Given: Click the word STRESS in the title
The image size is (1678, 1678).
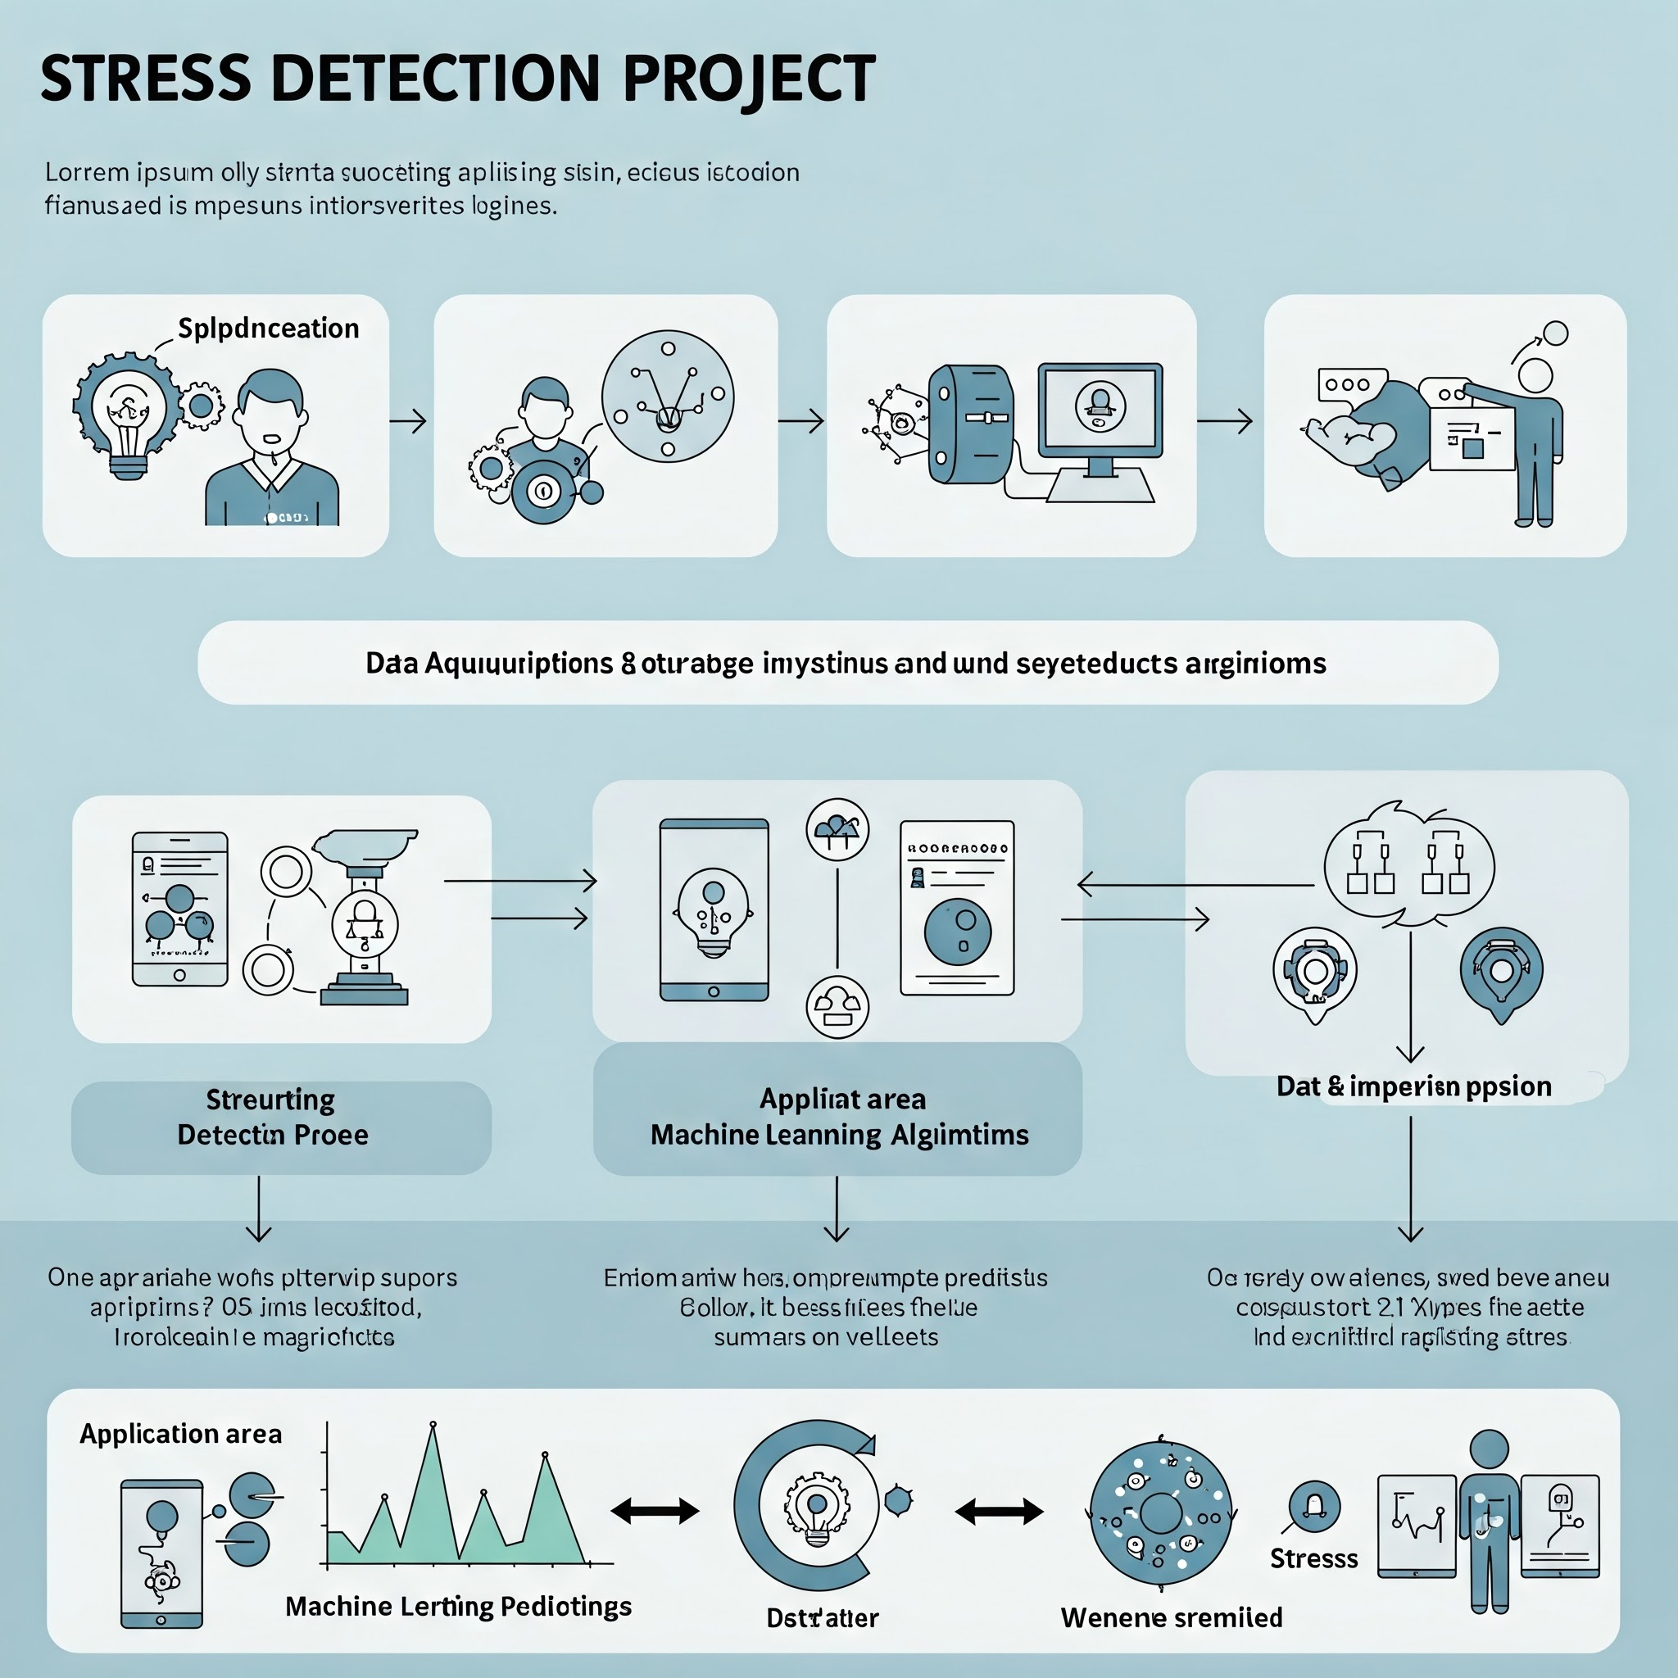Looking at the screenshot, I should (x=145, y=78).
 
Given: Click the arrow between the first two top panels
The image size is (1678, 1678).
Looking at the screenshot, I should (x=408, y=421).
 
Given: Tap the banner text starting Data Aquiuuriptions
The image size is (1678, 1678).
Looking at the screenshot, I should (x=846, y=664).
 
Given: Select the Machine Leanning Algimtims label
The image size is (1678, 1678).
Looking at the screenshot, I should (x=839, y=1134).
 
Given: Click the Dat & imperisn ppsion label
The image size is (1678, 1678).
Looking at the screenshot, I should (x=1413, y=1086).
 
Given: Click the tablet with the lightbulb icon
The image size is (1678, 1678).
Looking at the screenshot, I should (x=714, y=909).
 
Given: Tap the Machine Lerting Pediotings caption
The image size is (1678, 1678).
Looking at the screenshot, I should (x=458, y=1606).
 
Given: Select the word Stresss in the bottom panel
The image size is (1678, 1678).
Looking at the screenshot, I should (x=1313, y=1558).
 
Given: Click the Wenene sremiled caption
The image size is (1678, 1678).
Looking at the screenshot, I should (x=1171, y=1617).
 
